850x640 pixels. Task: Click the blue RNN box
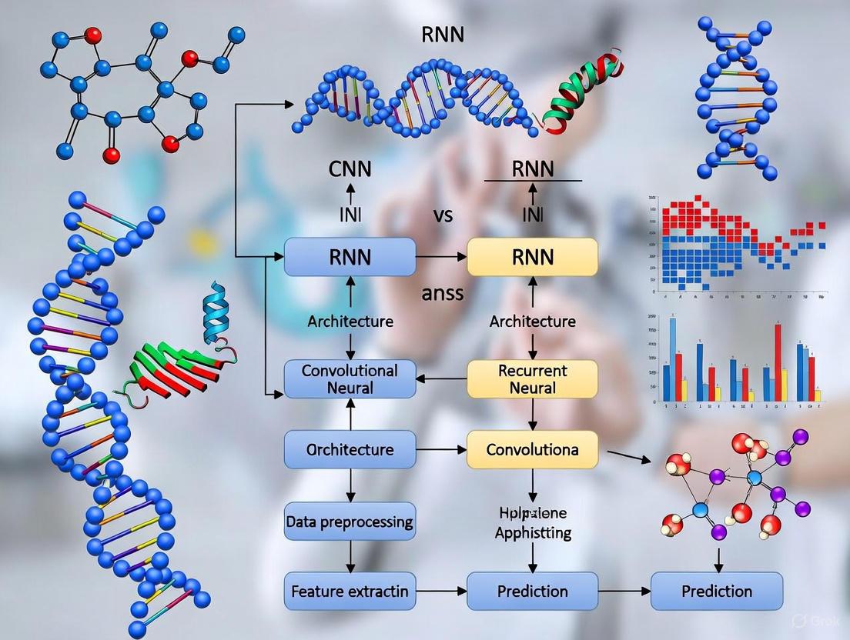[x=350, y=257]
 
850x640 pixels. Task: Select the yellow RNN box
[x=532, y=257]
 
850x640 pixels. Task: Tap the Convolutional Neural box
[x=350, y=379]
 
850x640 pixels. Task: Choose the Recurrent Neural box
[x=532, y=379]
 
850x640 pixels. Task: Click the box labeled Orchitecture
[x=350, y=449]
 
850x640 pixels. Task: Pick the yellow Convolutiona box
[x=532, y=449]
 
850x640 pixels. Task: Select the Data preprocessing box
[x=350, y=522]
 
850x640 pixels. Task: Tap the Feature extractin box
[x=350, y=592]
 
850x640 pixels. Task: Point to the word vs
[x=443, y=215]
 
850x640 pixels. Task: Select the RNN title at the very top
[x=443, y=35]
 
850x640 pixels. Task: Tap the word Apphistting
[x=532, y=532]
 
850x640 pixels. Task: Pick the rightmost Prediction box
[x=716, y=592]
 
